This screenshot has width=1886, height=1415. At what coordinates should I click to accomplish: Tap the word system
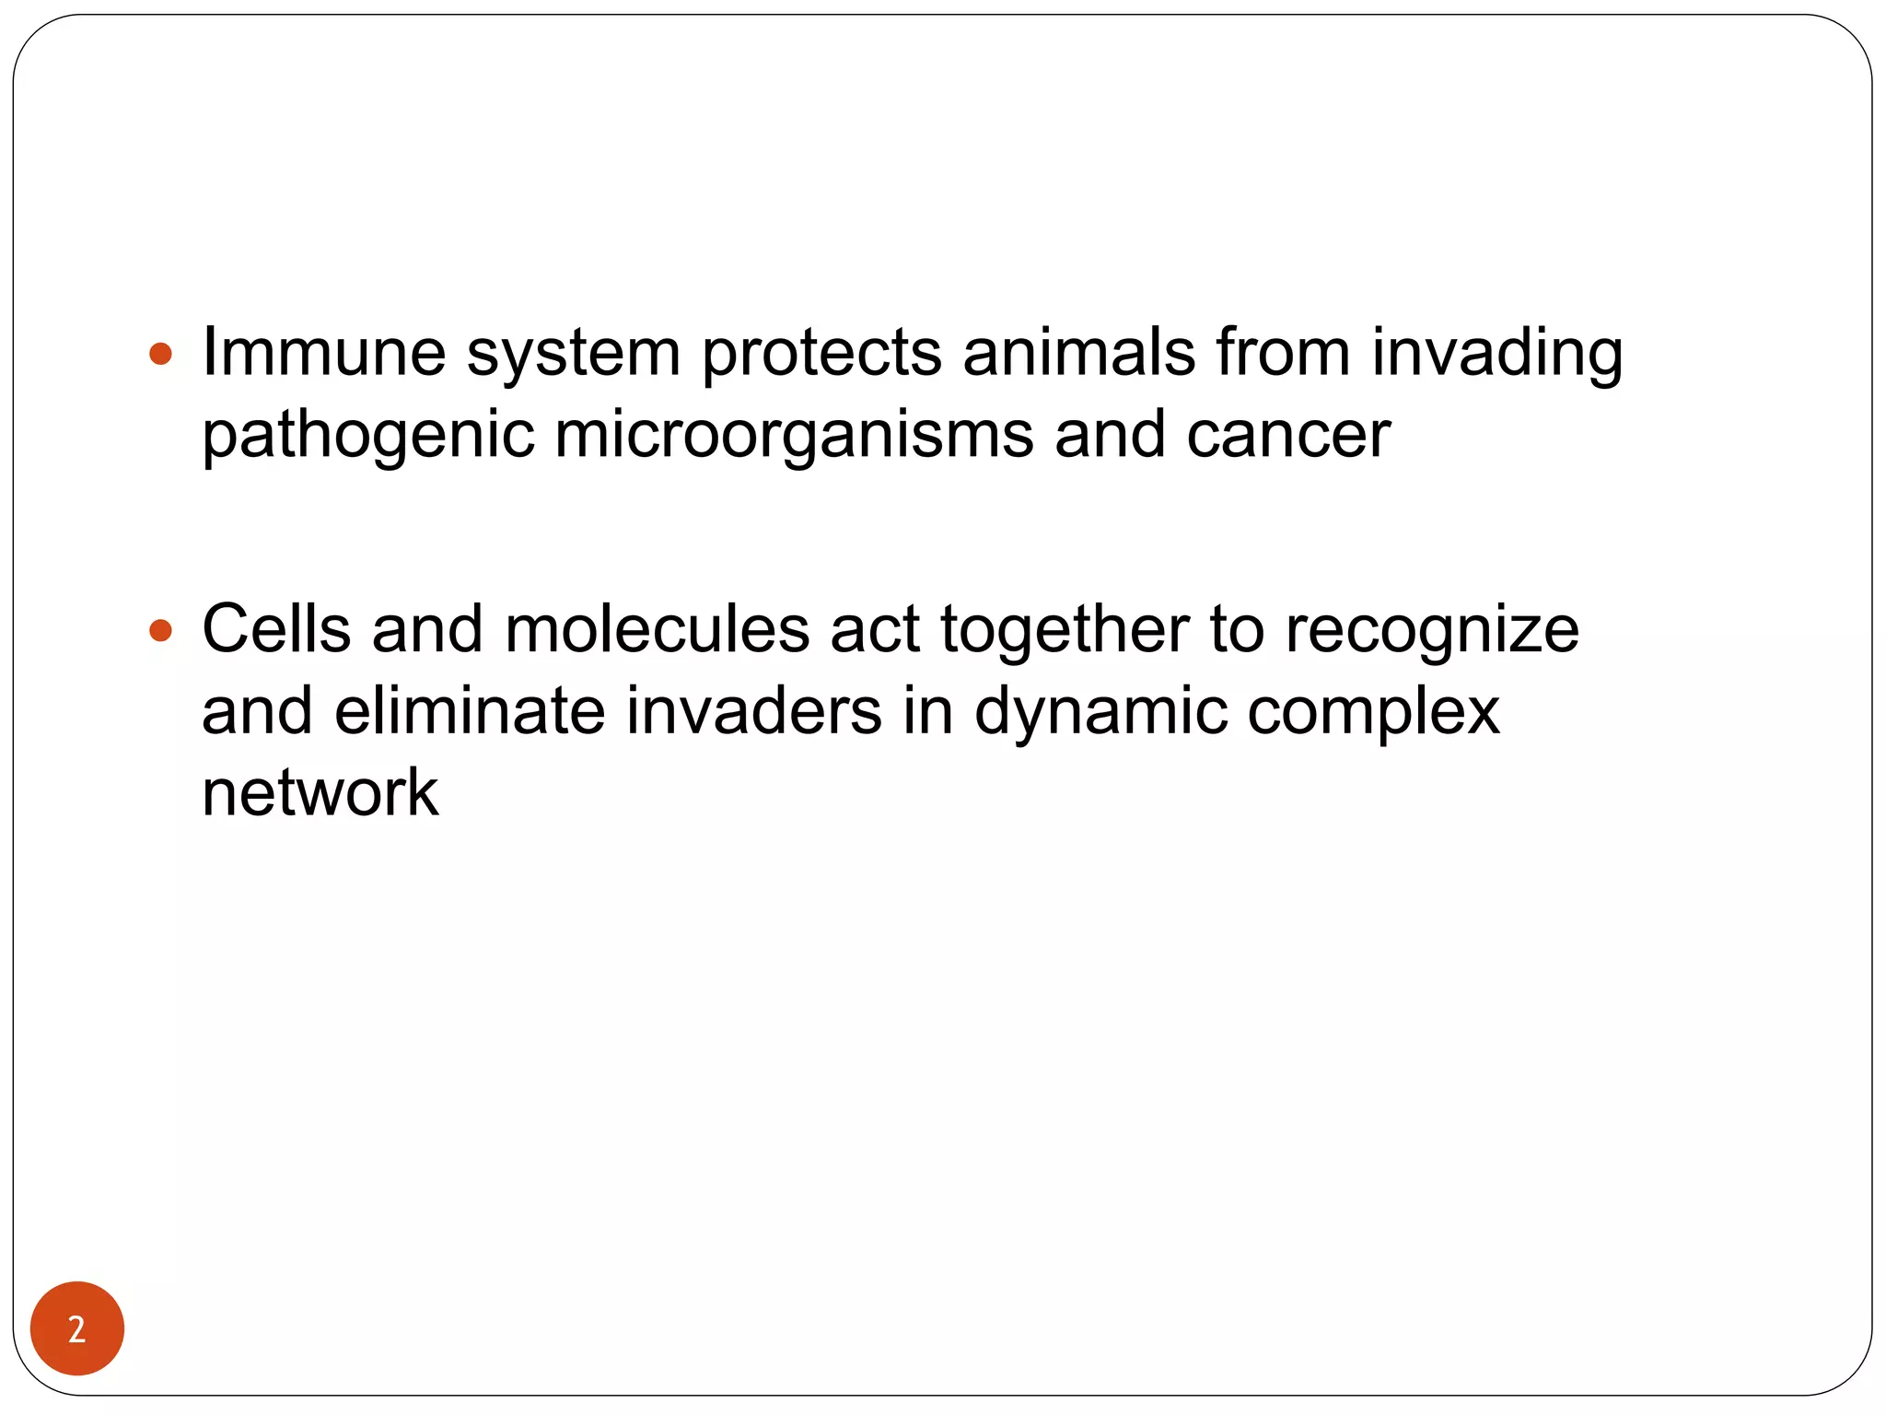pyautogui.click(x=573, y=354)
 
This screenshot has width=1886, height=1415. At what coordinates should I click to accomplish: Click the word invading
pyautogui.click(x=1496, y=354)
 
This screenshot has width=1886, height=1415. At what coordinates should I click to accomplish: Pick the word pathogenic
pyautogui.click(x=367, y=436)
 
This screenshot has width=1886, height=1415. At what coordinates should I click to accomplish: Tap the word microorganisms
pyautogui.click(x=794, y=436)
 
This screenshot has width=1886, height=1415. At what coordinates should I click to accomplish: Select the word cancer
pyautogui.click(x=1288, y=435)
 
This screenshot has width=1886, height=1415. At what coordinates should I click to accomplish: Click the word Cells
pyautogui.click(x=276, y=629)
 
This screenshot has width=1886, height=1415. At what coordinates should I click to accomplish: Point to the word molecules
pyautogui.click(x=657, y=629)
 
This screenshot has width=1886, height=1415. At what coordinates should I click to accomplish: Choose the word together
pyautogui.click(x=1065, y=631)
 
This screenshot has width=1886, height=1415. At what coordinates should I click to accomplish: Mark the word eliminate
pyautogui.click(x=470, y=710)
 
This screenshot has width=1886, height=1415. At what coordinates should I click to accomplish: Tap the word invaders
pyautogui.click(x=753, y=710)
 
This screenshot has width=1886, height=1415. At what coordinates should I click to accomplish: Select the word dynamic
pyautogui.click(x=1100, y=712)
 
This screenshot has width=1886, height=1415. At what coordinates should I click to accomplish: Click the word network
pyautogui.click(x=320, y=792)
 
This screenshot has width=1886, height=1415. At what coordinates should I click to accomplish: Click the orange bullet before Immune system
pyautogui.click(x=160, y=354)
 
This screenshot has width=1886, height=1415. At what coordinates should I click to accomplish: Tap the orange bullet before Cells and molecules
pyautogui.click(x=160, y=631)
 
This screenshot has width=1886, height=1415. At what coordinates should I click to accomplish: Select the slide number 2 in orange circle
pyautogui.click(x=77, y=1328)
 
